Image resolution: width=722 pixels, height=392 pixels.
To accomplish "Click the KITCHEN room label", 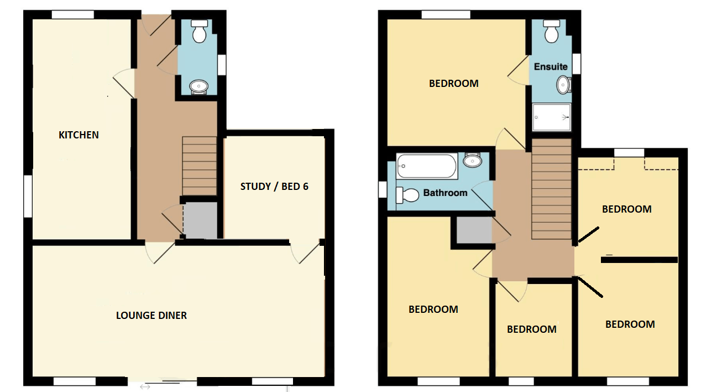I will (79, 135).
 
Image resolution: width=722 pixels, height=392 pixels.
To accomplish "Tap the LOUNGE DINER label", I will (151, 315).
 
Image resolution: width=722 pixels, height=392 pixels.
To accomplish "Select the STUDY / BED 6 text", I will (274, 187).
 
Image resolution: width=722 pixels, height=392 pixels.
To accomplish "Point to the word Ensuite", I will (551, 66).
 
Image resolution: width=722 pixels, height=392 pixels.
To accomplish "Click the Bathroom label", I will (445, 193).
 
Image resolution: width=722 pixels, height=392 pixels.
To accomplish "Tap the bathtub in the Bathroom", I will (427, 166).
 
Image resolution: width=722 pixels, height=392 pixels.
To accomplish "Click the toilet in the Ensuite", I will (551, 32).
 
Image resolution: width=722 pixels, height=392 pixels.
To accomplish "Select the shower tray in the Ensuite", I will (551, 117).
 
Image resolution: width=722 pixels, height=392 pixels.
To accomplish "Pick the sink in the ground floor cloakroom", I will (199, 86).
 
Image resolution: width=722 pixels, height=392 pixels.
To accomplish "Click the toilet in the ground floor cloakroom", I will (199, 32).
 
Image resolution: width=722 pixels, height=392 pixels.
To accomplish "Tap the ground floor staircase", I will (199, 166).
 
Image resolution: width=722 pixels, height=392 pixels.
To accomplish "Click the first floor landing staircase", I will (551, 189).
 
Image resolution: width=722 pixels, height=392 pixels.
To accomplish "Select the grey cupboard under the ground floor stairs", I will (200, 220).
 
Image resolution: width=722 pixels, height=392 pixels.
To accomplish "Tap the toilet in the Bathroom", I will (408, 195).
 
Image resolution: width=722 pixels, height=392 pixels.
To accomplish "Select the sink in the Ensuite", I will (564, 85).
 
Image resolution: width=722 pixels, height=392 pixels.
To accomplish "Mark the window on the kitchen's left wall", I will (27, 197).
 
